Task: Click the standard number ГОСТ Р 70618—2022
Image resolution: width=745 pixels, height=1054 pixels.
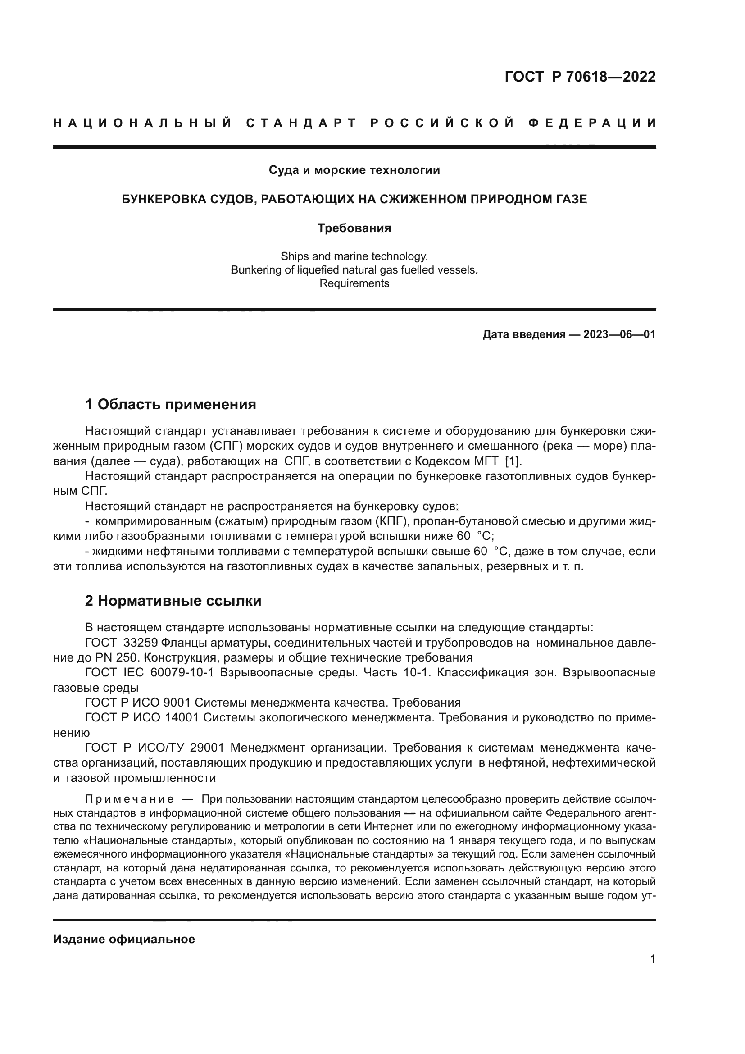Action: pyautogui.click(x=580, y=77)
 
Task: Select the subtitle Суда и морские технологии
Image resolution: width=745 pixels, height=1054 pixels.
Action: pyautogui.click(x=354, y=170)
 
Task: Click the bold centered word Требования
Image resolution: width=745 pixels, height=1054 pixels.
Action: pyautogui.click(x=354, y=228)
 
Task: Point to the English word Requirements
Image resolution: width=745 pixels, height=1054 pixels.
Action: pyautogui.click(x=354, y=283)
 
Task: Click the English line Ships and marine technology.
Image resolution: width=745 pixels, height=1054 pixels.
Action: pyautogui.click(x=354, y=256)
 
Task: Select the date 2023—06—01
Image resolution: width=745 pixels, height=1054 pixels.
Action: pyautogui.click(x=619, y=334)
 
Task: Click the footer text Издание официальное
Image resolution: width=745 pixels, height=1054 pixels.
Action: pyautogui.click(x=124, y=939)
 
